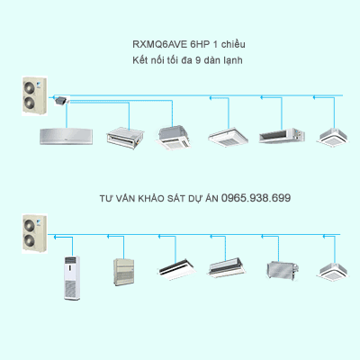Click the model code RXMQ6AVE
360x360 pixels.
[155, 44]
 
